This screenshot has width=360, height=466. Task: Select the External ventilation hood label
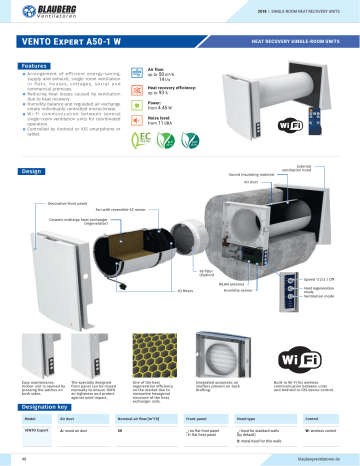[313, 168]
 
